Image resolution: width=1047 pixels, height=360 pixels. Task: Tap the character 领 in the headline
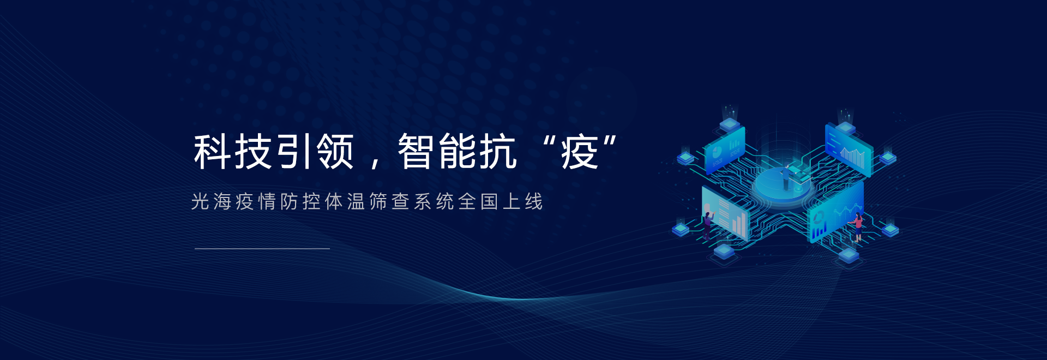335,151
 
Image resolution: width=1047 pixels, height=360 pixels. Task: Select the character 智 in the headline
416,151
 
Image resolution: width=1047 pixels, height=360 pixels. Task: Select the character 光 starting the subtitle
200,202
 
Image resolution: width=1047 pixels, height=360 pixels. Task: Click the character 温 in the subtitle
356,202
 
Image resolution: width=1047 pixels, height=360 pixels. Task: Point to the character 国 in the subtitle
489,202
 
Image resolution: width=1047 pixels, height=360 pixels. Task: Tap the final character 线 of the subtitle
534,202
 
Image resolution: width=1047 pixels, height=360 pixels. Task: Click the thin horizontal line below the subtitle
262,249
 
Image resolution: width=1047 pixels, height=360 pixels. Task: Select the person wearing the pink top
858,226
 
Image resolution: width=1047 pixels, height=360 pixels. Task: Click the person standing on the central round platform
786,176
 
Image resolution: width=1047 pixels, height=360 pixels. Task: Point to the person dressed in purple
708,225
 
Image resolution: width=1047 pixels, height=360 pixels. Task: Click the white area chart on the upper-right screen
853,156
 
